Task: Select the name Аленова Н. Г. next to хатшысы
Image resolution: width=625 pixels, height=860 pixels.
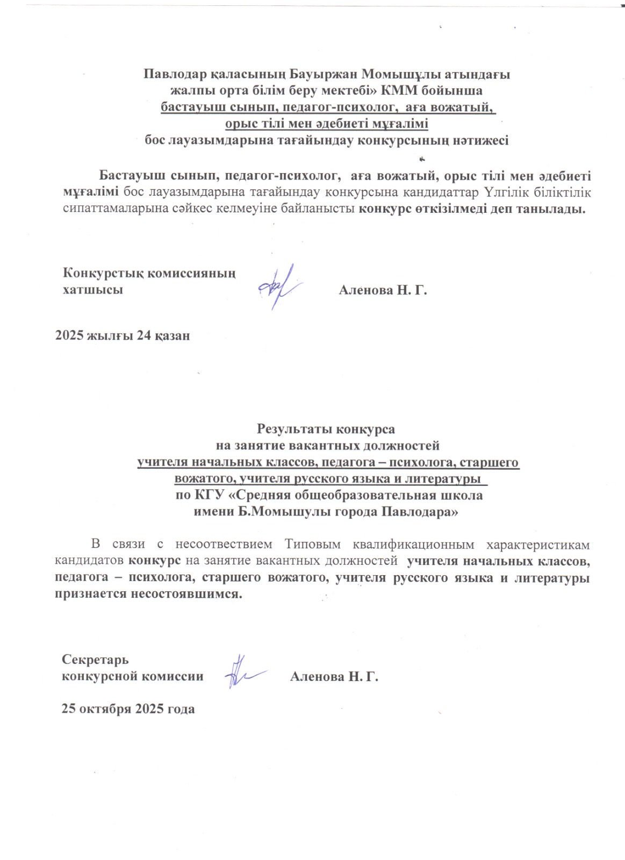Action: [x=382, y=291]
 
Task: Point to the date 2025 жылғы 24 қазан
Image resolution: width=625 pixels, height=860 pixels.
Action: [x=123, y=336]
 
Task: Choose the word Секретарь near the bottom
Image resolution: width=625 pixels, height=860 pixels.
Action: [x=95, y=659]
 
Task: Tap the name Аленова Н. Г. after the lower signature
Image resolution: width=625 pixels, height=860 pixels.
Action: [x=334, y=676]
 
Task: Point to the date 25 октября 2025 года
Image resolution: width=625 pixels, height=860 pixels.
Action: [x=128, y=708]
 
